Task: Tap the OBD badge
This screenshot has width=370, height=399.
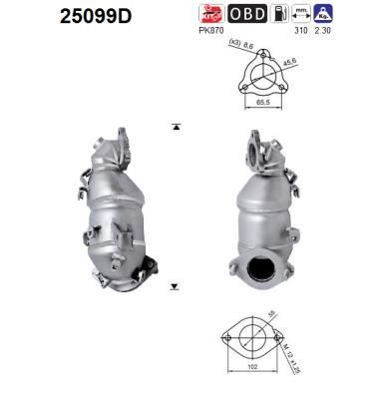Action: [x=248, y=15]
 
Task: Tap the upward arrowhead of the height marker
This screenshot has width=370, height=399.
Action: [x=176, y=126]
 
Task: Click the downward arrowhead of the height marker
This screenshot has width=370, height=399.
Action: [x=176, y=286]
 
